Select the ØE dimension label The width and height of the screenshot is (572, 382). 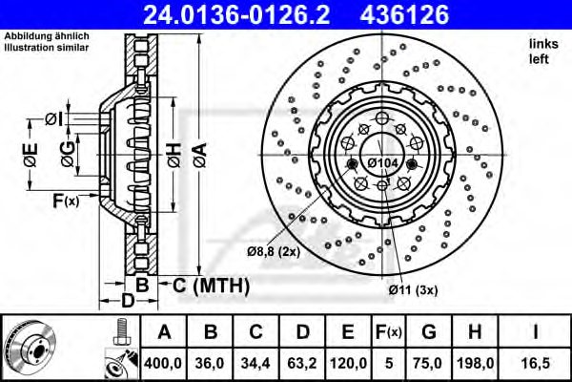click(x=32, y=155)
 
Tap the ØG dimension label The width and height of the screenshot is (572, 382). click(x=66, y=155)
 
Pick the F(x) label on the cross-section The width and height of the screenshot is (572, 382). click(x=65, y=202)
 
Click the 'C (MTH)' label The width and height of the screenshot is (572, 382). click(x=211, y=286)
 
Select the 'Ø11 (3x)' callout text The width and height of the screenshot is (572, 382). click(x=411, y=287)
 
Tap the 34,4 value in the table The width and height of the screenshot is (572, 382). click(x=256, y=362)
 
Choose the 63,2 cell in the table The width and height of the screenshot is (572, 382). click(x=302, y=362)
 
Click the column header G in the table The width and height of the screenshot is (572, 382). click(x=429, y=333)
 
